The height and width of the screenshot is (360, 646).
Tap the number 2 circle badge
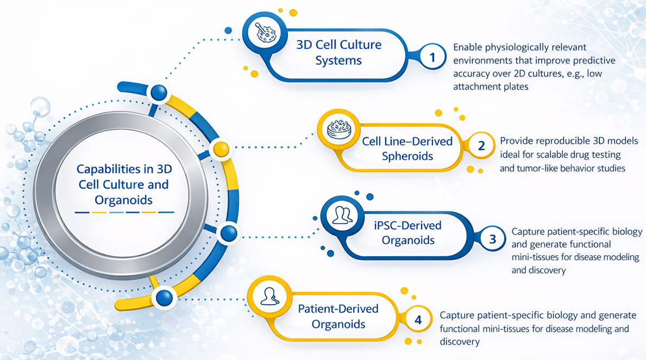[x=481, y=145]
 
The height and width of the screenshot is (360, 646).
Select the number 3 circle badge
[x=492, y=239]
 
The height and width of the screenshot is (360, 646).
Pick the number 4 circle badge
[x=418, y=319]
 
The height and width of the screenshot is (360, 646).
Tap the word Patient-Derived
[x=338, y=308]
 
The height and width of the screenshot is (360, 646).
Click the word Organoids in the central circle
[x=124, y=199]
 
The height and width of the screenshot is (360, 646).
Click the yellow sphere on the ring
[x=220, y=148]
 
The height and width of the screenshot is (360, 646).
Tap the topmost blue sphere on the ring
[x=159, y=92]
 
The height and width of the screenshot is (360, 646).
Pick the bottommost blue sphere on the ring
[x=164, y=296]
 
